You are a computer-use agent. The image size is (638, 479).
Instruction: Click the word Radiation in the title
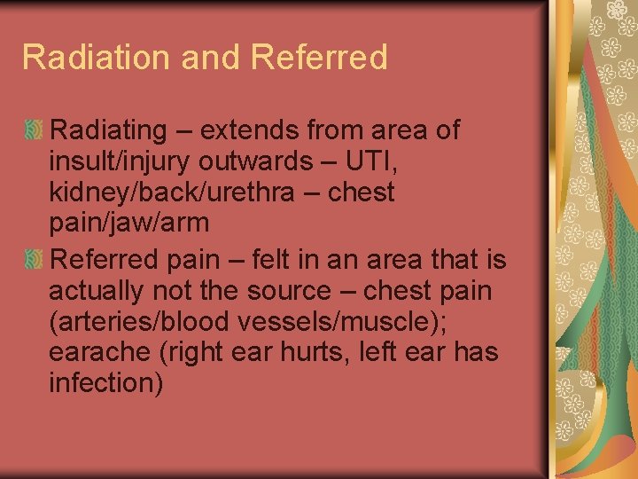click(x=97, y=58)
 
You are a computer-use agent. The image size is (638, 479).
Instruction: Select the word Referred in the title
click(x=319, y=58)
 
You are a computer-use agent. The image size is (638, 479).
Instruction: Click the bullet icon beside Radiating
click(x=34, y=130)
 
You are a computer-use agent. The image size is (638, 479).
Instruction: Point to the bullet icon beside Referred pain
click(x=34, y=261)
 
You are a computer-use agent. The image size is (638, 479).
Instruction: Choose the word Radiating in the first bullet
click(x=108, y=130)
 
